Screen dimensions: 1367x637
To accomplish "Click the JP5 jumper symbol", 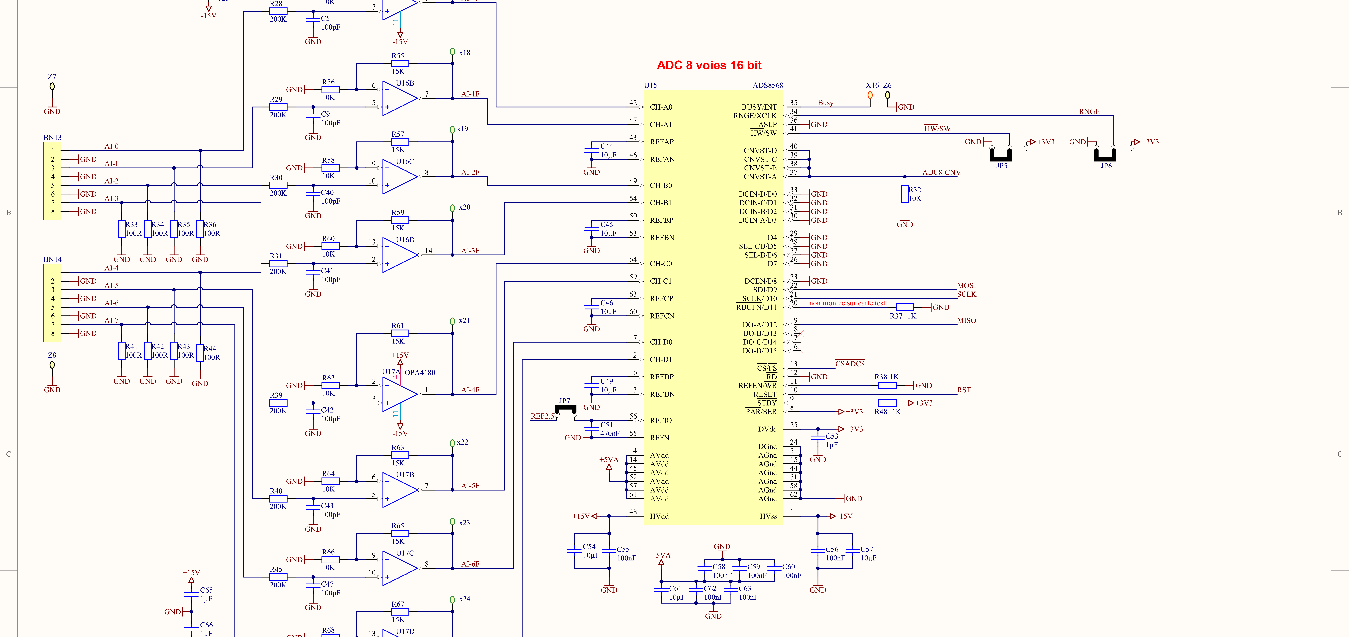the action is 1001,154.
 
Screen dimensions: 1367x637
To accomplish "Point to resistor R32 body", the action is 905,194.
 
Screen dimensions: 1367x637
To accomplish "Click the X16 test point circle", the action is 870,96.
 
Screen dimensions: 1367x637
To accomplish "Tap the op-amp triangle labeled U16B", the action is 400,98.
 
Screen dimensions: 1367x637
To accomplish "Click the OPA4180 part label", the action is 420,373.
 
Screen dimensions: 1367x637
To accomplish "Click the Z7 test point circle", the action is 52,86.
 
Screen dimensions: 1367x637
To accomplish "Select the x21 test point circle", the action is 452,321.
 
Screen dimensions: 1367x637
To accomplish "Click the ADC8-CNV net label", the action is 941,173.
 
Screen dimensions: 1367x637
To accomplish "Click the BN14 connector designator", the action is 53,260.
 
